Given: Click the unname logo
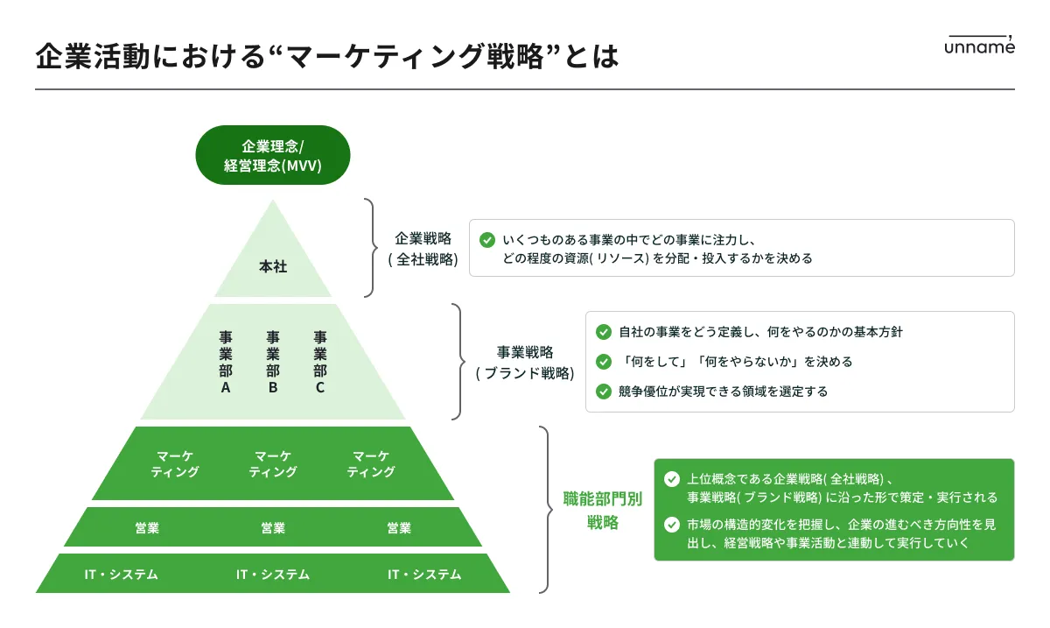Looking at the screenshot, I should tap(979, 46).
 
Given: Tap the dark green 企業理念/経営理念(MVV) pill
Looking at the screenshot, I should tap(273, 155).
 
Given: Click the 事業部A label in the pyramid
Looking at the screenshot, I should tap(226, 362).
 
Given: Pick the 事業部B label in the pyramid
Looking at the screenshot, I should tap(273, 362).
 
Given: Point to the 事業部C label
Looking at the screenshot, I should tap(320, 362).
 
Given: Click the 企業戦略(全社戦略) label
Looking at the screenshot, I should tap(423, 248).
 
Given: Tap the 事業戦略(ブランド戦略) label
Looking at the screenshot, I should tap(525, 362).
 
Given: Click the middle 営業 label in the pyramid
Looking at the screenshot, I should tap(273, 527).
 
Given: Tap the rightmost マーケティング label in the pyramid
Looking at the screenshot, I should tap(371, 463).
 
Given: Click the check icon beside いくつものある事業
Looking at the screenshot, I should tap(487, 239).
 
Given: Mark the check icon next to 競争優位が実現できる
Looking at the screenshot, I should tap(603, 392).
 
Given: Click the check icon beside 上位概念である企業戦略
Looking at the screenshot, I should tap(672, 479).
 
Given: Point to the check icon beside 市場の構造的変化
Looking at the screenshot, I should tap(672, 525).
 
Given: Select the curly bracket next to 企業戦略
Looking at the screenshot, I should tap(371, 248).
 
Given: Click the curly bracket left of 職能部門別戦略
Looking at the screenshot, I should tap(546, 510).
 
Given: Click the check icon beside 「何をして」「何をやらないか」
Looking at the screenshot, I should tap(603, 361).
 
